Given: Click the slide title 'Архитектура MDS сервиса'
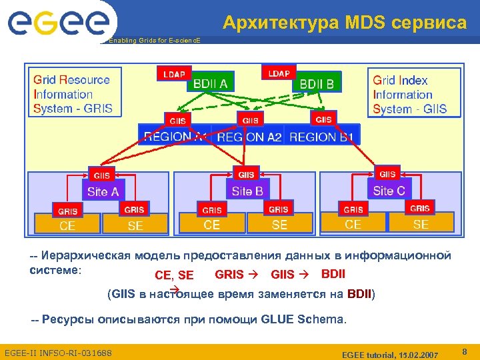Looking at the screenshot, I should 345,23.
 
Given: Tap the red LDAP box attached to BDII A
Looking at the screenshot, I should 174,73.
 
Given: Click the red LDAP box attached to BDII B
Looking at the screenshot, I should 279,73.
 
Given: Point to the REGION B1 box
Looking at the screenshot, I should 322,137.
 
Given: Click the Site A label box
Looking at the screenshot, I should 103,191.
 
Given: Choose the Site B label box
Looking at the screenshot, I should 247,191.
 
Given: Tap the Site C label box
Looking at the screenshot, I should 389,191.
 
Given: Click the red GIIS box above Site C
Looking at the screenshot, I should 387,173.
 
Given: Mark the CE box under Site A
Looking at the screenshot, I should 67,225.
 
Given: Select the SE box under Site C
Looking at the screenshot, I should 421,224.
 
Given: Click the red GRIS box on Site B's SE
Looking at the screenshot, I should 279,209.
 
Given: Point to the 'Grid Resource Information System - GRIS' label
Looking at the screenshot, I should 73,94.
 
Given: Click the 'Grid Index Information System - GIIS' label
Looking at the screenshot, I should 409,94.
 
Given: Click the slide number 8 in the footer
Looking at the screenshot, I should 464,350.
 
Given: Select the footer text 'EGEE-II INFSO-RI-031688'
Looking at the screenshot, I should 58,352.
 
